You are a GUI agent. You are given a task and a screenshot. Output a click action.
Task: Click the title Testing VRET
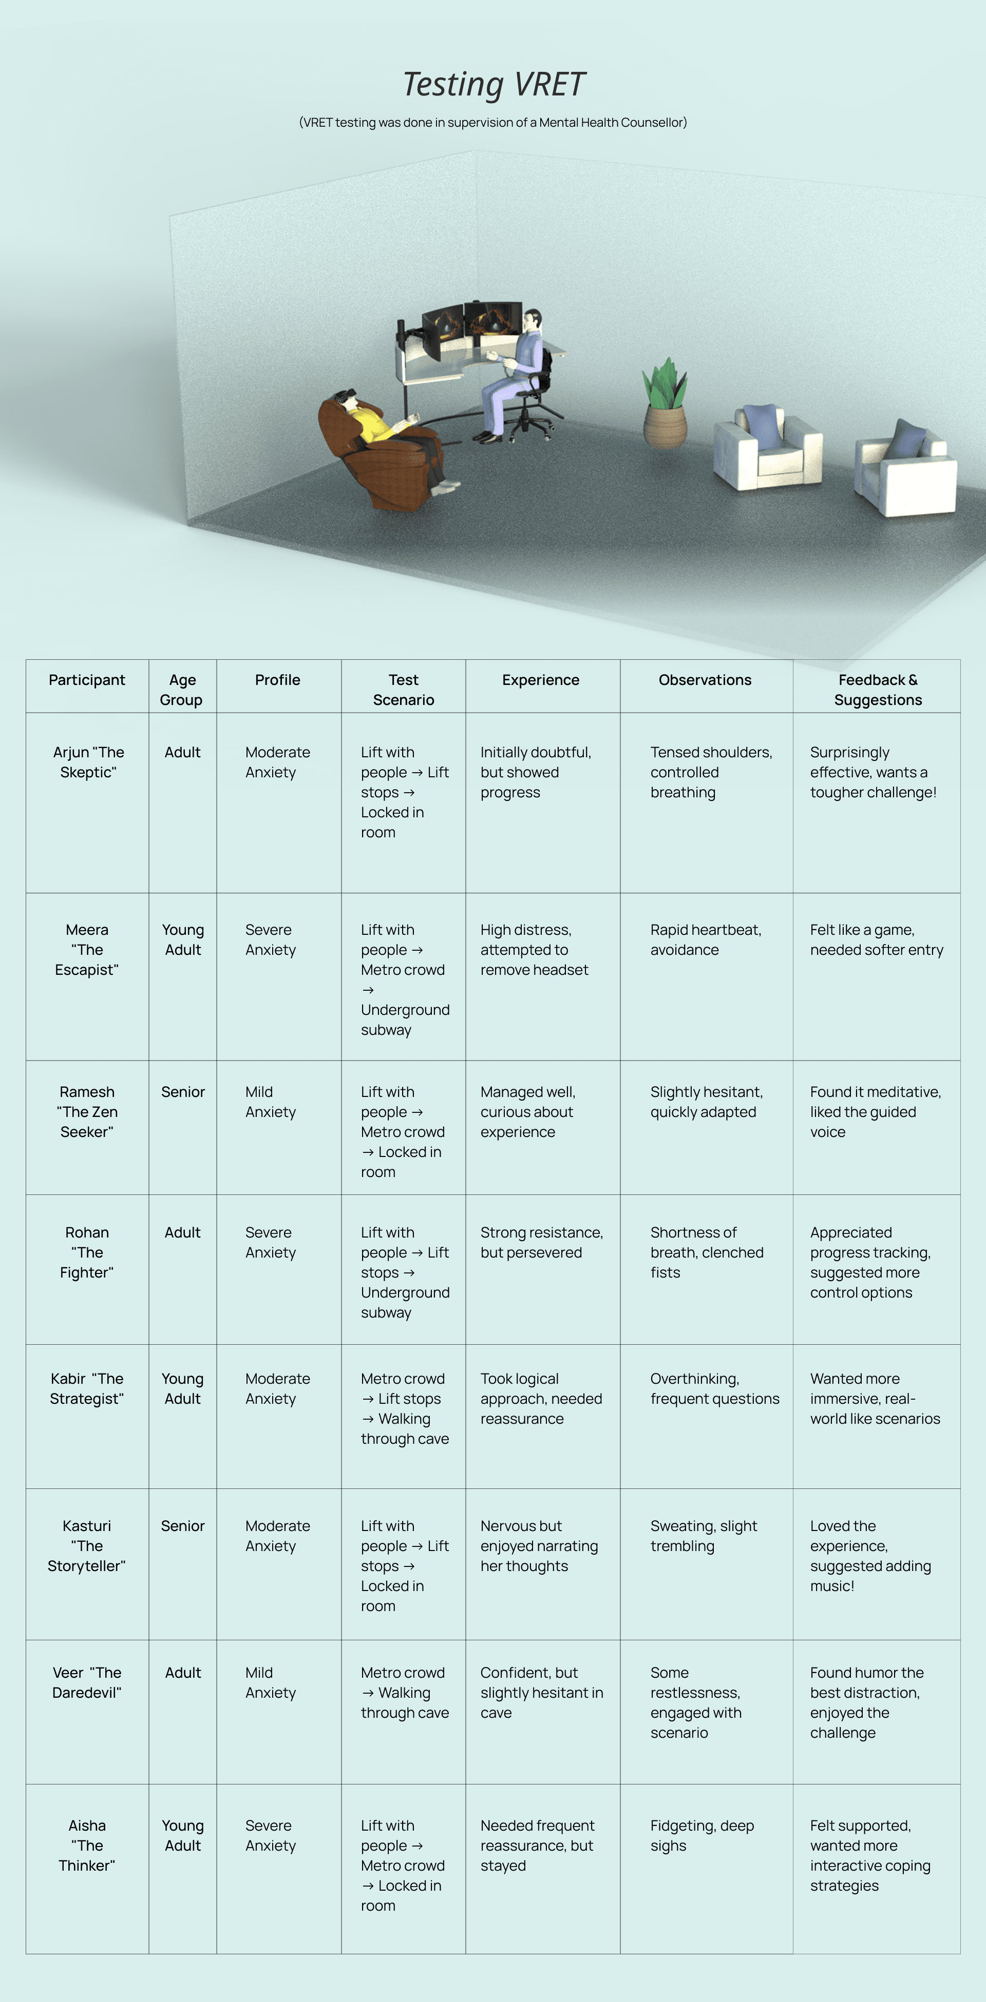pos(493,84)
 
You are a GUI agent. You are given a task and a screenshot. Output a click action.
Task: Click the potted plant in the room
pos(665,406)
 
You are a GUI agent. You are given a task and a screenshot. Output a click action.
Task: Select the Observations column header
pos(705,680)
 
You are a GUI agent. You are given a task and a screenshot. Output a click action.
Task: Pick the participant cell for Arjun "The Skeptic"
pos(88,762)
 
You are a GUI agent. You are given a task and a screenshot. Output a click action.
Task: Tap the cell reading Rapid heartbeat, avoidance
pos(705,939)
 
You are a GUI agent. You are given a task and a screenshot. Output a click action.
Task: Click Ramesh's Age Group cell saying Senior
pos(183,1092)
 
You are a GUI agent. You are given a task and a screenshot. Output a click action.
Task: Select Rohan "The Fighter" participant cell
pos(87,1252)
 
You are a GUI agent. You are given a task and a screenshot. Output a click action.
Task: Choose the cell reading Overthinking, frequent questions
pos(714,1389)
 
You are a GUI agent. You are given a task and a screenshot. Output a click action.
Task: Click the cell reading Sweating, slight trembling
pos(703,1536)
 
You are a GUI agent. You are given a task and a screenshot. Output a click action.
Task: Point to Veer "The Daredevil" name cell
pos(87,1682)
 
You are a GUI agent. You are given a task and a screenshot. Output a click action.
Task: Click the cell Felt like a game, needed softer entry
pos(876,939)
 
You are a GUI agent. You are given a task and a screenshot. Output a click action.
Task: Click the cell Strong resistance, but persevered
pos(541,1242)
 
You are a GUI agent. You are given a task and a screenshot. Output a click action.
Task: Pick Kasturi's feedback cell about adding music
pos(869,1556)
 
